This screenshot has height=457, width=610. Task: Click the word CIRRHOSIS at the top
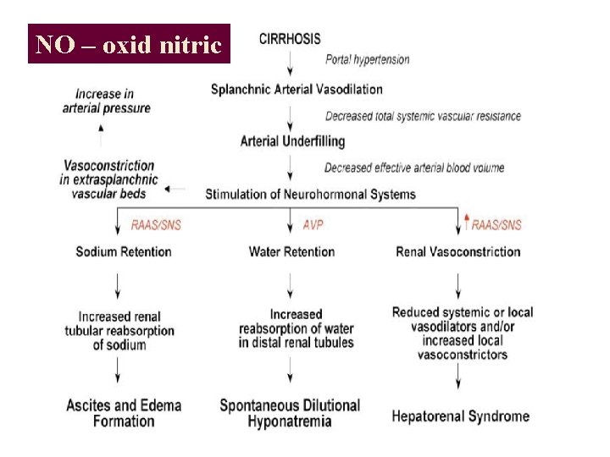point(290,40)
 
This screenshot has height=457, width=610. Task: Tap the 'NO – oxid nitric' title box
point(129,44)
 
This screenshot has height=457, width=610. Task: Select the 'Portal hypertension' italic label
point(368,59)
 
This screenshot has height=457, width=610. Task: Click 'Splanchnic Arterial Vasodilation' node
point(297,90)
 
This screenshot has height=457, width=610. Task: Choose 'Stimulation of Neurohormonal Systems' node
point(310,194)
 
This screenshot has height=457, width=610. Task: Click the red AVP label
point(313,224)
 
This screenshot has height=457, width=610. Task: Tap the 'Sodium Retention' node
point(123,251)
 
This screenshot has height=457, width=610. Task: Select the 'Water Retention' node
point(291,251)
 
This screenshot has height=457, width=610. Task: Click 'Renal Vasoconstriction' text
point(457,251)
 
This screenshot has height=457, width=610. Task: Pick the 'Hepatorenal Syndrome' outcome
point(460,416)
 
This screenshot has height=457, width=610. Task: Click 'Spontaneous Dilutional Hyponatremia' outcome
point(290,413)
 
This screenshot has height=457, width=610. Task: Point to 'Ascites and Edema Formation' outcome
point(124,413)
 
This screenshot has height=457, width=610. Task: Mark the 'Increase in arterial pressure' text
point(106,101)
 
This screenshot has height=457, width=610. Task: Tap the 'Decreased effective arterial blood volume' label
point(413,168)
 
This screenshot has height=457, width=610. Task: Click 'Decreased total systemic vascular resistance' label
point(423,116)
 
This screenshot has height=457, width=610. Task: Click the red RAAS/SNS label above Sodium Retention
point(156,224)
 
